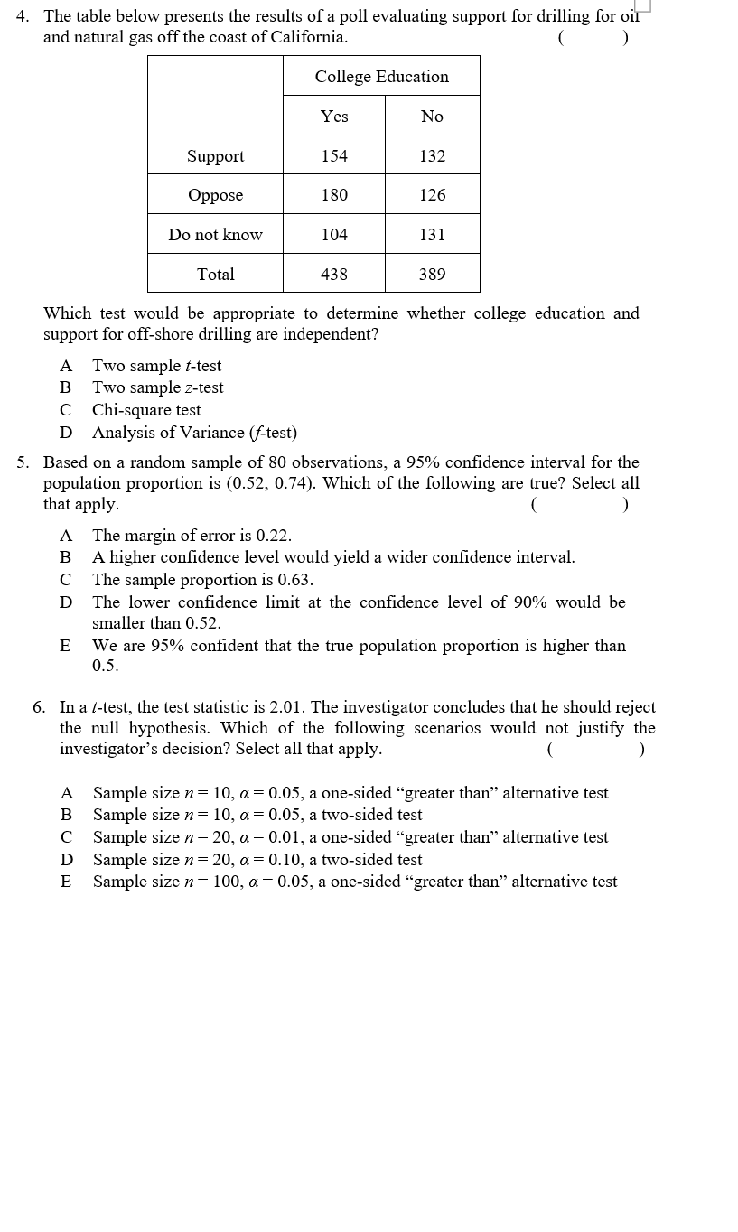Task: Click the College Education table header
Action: click(x=381, y=77)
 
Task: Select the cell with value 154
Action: click(x=334, y=156)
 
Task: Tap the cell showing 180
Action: click(x=334, y=195)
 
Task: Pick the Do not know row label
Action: click(x=215, y=235)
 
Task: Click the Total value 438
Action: click(x=334, y=275)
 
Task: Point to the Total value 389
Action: click(x=432, y=275)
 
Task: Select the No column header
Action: click(x=432, y=117)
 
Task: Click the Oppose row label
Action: click(x=215, y=195)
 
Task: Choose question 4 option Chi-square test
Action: click(x=146, y=410)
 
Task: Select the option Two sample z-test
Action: click(x=157, y=387)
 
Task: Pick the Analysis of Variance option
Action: click(x=194, y=433)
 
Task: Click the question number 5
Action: click(x=23, y=462)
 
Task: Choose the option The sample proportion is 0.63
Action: click(x=202, y=580)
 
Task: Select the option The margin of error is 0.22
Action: click(x=192, y=536)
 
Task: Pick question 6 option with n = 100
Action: click(x=355, y=882)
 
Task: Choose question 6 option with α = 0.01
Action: click(x=350, y=837)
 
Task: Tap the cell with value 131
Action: click(x=432, y=235)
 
